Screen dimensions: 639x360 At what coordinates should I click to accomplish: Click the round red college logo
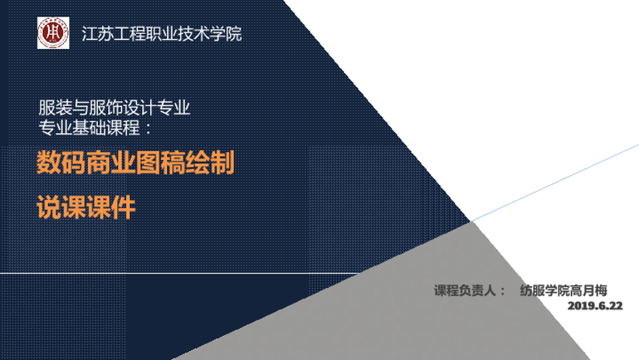tap(53, 32)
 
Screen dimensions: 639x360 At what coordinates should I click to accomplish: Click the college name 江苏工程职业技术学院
tap(162, 34)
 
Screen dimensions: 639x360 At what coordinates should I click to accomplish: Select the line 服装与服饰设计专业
tap(114, 108)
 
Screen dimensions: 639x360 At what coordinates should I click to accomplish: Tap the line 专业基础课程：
tap(95, 128)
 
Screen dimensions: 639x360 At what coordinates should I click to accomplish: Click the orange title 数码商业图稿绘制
tap(135, 162)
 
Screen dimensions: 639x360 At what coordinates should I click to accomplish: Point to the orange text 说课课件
tap(86, 207)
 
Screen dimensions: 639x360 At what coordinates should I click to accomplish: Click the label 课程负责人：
tap(470, 290)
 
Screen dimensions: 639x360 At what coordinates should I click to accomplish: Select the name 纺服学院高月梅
tap(564, 290)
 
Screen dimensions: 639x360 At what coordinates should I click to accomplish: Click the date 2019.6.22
tap(595, 306)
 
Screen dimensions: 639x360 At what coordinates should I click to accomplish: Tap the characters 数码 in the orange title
tap(62, 162)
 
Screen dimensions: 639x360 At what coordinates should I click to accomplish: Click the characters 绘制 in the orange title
tap(210, 162)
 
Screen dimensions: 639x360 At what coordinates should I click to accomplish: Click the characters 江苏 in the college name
tap(98, 34)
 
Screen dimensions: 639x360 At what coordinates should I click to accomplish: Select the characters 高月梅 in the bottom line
tap(589, 290)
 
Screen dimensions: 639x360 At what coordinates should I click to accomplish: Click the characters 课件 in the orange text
tap(111, 207)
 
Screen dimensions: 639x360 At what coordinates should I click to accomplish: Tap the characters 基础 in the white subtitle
tap(89, 128)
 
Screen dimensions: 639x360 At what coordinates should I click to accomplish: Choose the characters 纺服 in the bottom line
tap(533, 290)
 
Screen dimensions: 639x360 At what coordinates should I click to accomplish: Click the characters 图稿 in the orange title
tap(160, 162)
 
